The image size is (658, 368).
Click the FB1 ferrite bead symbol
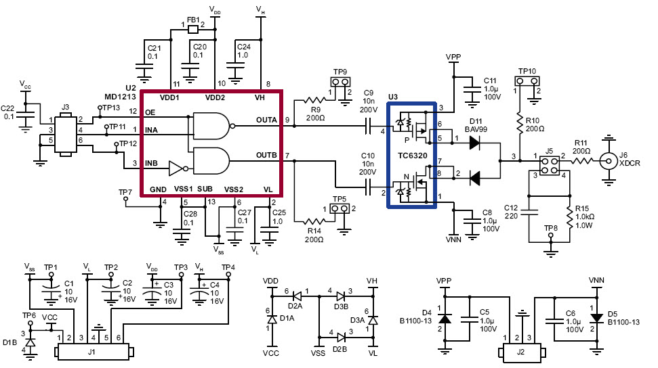(193, 30)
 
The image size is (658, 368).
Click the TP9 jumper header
(340, 83)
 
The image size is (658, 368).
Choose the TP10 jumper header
(527, 81)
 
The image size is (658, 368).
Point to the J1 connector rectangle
(93, 352)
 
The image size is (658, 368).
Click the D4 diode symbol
(444, 318)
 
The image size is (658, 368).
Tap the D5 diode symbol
(597, 318)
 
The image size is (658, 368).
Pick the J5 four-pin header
(550, 166)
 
